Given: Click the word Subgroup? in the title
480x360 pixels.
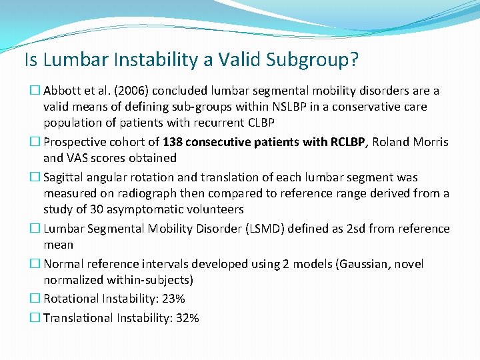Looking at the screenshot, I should (x=311, y=60).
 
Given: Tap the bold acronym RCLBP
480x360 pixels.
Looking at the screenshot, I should (x=341, y=142).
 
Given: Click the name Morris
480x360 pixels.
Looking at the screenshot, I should (x=431, y=142).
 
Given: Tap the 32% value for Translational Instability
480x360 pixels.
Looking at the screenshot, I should (x=187, y=318).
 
